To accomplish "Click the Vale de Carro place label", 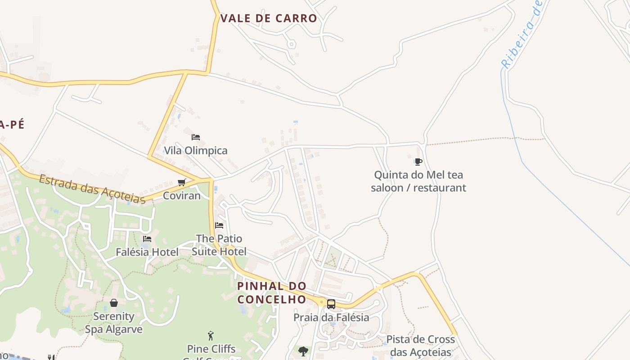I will pyautogui.click(x=269, y=18).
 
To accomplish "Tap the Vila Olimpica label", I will pyautogui.click(x=196, y=150).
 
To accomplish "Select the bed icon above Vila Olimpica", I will pyautogui.click(x=195, y=137).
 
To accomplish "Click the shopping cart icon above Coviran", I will pyautogui.click(x=182, y=182).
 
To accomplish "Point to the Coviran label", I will pyautogui.click(x=182, y=196).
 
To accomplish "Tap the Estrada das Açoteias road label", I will pyautogui.click(x=92, y=189).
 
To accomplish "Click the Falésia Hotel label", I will pyautogui.click(x=147, y=252).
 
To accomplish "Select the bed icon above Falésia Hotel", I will pyautogui.click(x=147, y=239).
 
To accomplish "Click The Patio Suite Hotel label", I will pyautogui.click(x=219, y=245).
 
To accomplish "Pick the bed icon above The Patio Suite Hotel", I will pyautogui.click(x=219, y=225).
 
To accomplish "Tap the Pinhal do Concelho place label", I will pyautogui.click(x=272, y=292).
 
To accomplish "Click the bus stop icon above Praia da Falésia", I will pyautogui.click(x=331, y=304).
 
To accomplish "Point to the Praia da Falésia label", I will pyautogui.click(x=331, y=318).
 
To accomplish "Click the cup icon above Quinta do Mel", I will pyautogui.click(x=418, y=162).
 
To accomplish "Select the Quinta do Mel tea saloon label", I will pyautogui.click(x=418, y=181).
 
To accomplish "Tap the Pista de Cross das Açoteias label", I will pyautogui.click(x=421, y=346).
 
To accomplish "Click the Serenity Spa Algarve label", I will pyautogui.click(x=114, y=323).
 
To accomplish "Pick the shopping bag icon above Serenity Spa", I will pyautogui.click(x=114, y=303).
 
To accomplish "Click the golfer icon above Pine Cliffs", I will pyautogui.click(x=211, y=336).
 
